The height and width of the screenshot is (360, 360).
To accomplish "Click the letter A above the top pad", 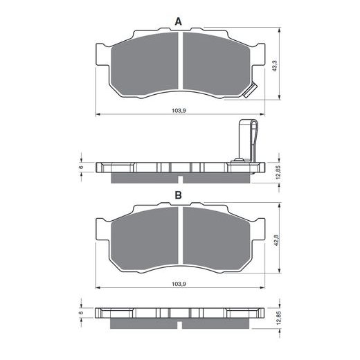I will (179, 22).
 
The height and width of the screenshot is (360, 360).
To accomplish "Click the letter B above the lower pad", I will (179, 197).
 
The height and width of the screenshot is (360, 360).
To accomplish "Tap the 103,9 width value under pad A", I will (179, 111).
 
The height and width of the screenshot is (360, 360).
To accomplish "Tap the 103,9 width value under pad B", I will (179, 285).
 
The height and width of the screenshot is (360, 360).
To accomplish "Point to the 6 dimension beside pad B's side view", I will (81, 313).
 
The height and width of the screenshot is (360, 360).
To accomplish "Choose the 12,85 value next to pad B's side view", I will (276, 318).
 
